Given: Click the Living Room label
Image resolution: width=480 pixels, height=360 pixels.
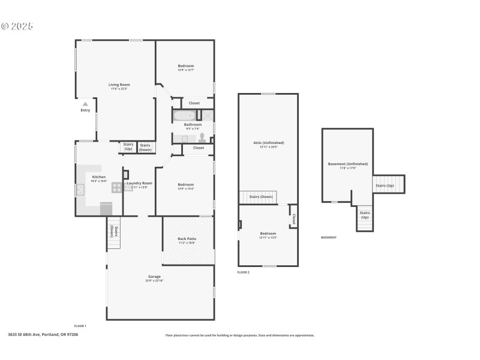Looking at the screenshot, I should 119,85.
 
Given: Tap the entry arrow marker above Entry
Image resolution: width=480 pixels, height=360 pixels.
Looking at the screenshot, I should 85,104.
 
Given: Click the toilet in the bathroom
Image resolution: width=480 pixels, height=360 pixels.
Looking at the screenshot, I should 202,137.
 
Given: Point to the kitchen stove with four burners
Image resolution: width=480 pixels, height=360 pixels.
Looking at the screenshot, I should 117,187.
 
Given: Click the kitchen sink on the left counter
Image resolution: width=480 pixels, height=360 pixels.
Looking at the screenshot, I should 80,190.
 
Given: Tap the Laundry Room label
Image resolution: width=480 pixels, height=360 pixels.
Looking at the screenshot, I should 140,183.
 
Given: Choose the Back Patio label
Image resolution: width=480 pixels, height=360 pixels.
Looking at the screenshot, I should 187,239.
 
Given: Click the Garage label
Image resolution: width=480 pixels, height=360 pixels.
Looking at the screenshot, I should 154,277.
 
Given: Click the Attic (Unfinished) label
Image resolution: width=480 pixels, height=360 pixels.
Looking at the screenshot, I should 268,143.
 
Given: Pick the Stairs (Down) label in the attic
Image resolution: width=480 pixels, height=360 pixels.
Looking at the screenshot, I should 261,197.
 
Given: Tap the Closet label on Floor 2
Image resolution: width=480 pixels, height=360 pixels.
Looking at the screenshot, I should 293,220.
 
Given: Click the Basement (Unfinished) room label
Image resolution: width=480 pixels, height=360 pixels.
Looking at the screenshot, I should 347,164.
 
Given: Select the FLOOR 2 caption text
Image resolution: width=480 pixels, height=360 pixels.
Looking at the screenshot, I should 243,272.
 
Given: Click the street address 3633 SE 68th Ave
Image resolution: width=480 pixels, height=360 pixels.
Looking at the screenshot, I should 43,335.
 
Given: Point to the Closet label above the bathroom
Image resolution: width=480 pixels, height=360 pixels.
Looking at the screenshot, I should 194,103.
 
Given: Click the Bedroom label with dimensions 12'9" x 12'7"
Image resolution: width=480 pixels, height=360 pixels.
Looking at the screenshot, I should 185,66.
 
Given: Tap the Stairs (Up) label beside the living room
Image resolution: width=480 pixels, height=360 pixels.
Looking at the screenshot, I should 128,146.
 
